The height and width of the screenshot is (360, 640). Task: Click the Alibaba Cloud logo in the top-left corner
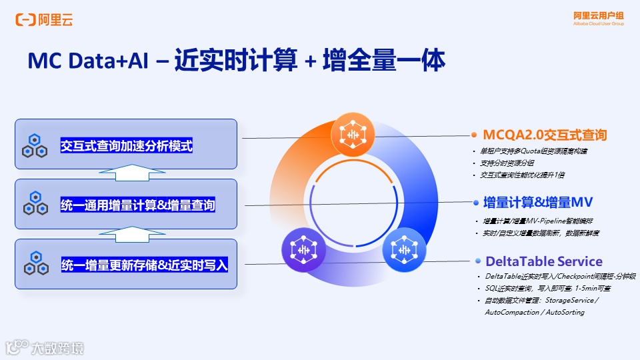pyautogui.click(x=44, y=20)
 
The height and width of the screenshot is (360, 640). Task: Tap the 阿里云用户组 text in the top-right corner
pyautogui.click(x=598, y=15)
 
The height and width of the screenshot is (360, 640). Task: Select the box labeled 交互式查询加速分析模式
pyautogui.click(x=126, y=144)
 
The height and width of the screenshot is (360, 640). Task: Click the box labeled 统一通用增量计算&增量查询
pyautogui.click(x=126, y=204)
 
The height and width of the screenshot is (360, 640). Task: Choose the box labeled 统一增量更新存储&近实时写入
pyautogui.click(x=126, y=264)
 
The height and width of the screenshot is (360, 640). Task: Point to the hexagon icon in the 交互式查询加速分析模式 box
pyautogui.click(x=34, y=145)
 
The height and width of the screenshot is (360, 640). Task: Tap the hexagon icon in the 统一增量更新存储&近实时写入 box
pyautogui.click(x=34, y=265)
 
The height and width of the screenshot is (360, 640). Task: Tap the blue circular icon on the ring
pyautogui.click(x=403, y=248)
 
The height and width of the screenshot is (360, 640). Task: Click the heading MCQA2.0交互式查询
pyautogui.click(x=545, y=135)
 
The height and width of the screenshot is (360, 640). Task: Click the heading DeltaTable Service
pyautogui.click(x=543, y=261)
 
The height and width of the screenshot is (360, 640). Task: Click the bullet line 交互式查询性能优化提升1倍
pyautogui.click(x=522, y=175)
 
